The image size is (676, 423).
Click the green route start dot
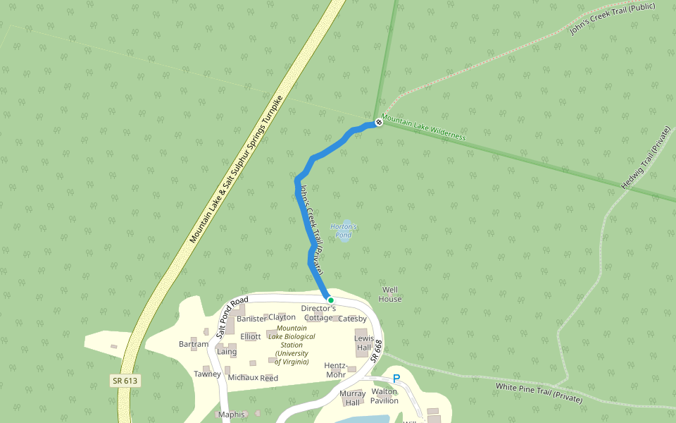pyautogui.click(x=330, y=300)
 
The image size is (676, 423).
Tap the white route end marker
pyautogui.click(x=378, y=123)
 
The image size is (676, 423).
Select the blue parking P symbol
pyautogui.click(x=396, y=379)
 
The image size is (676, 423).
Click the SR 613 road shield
pyautogui.click(x=125, y=381)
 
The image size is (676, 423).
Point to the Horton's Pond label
pyautogui.click(x=344, y=231)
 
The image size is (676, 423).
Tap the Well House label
pyautogui.click(x=390, y=294)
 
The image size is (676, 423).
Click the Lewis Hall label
pyautogui.click(x=363, y=343)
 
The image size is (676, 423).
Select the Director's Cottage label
pyautogui.click(x=318, y=313)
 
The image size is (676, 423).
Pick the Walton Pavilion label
pyautogui.click(x=384, y=396)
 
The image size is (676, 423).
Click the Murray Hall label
pyautogui.click(x=352, y=398)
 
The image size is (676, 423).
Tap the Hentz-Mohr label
pyautogui.click(x=336, y=370)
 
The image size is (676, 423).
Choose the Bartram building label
pyautogui.click(x=194, y=344)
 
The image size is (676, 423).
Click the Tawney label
pyautogui.click(x=208, y=374)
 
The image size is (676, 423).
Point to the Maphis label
pyautogui.click(x=231, y=415)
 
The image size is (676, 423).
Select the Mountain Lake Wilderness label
pyautogui.click(x=423, y=128)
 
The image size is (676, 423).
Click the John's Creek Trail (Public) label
pyautogui.click(x=612, y=19)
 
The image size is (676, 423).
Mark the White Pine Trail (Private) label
pyautogui.click(x=539, y=393)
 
